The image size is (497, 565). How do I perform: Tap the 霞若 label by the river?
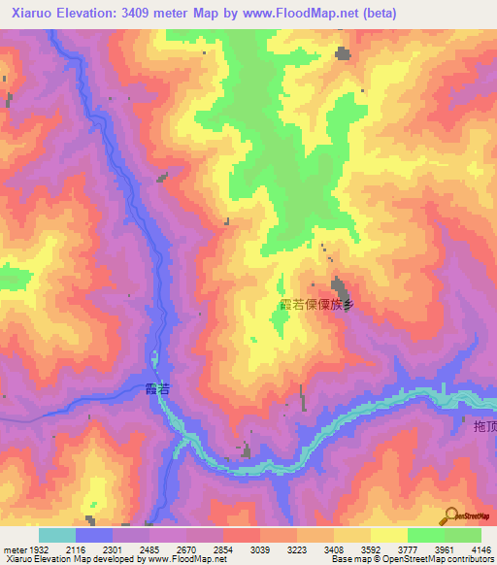tap(156, 388)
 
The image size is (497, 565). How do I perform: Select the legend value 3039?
tap(259, 549)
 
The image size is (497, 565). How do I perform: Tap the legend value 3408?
tap(333, 549)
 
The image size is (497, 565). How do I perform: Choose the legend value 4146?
tap(480, 549)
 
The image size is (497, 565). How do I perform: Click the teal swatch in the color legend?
tap(56, 535)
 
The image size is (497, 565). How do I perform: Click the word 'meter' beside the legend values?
tap(12, 549)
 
